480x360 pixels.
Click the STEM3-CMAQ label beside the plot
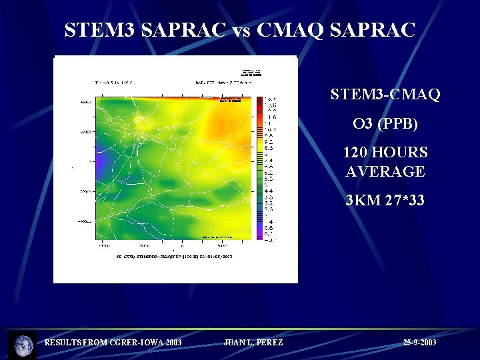[385, 95]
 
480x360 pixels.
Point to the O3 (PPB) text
[385, 124]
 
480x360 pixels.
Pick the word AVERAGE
[385, 171]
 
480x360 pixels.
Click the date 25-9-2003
[420, 343]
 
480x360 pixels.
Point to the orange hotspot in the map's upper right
[222, 123]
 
